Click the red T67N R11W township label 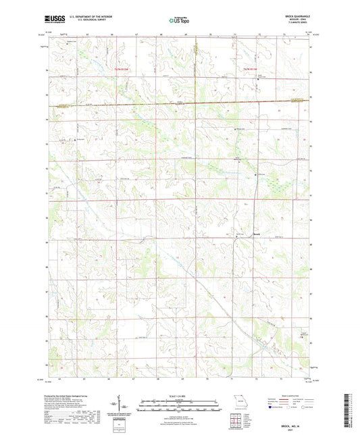click(252, 69)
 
